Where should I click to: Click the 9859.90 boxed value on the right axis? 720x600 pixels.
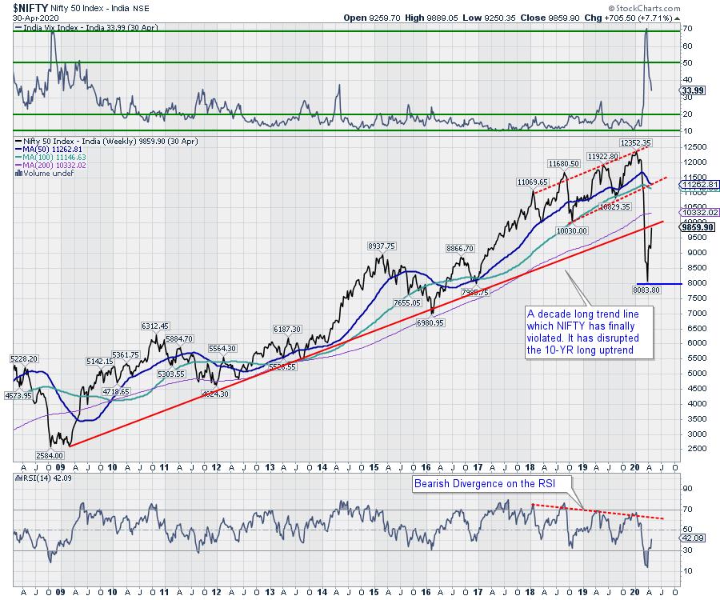(x=694, y=227)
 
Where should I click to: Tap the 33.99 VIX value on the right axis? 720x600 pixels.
(x=693, y=90)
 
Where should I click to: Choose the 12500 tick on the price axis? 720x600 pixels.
(x=693, y=147)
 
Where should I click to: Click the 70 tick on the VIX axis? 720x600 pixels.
(x=686, y=28)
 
